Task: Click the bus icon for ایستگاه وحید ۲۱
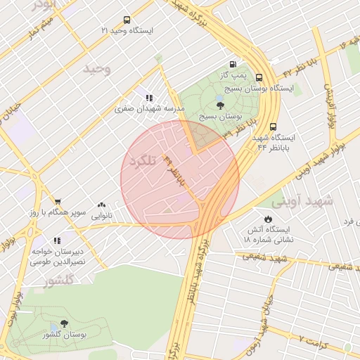tap(127, 20)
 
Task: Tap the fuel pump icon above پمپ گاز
tap(233, 63)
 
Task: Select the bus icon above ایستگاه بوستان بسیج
tap(259, 77)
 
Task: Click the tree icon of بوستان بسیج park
tap(221, 105)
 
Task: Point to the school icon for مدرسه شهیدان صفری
tap(149, 98)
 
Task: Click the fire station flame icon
tap(268, 218)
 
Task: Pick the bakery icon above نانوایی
tap(102, 205)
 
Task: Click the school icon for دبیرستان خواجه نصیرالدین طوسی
tap(56, 240)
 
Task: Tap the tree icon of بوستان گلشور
tap(65, 324)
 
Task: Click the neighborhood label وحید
tap(97, 69)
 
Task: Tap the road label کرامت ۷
tap(315, 340)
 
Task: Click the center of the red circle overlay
tap(180, 179)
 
